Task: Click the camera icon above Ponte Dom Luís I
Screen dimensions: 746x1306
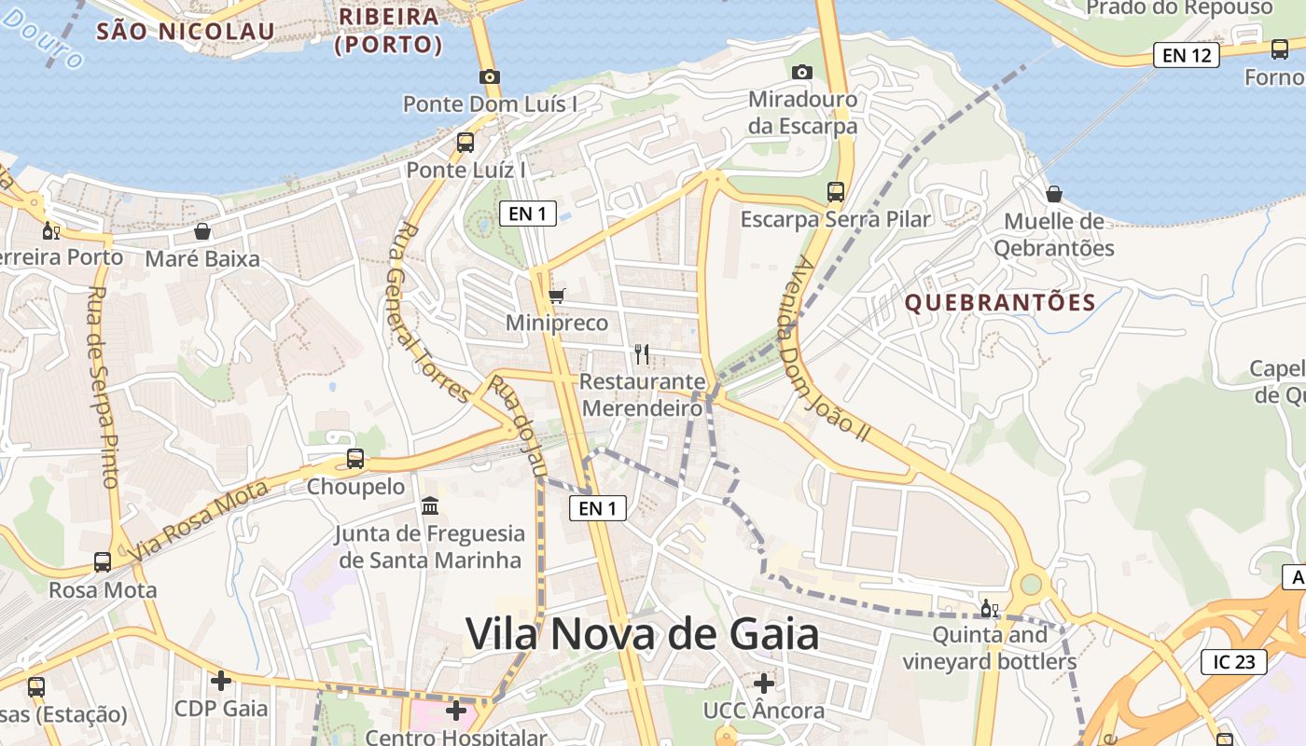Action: point(489,76)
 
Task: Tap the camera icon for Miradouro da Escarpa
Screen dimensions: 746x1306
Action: point(801,72)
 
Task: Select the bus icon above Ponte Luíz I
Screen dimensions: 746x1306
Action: point(465,143)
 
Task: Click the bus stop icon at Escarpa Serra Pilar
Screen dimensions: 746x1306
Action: point(836,192)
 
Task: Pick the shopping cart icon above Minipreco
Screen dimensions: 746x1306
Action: point(557,296)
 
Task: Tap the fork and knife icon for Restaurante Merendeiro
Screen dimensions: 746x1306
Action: point(641,353)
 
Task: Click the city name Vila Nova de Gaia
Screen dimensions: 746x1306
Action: point(643,634)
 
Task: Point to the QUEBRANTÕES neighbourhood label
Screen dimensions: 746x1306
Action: point(1000,302)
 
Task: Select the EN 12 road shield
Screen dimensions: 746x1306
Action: point(1187,55)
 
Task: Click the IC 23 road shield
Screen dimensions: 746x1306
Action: point(1234,662)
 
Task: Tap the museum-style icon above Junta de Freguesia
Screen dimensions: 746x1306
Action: point(430,506)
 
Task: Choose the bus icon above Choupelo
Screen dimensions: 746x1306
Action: point(355,459)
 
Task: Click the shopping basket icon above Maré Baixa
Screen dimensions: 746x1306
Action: point(202,231)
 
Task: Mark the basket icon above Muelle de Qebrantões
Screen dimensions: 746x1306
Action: point(1053,194)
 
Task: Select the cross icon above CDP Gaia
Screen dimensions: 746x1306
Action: point(221,681)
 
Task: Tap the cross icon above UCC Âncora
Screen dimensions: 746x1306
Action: point(764,684)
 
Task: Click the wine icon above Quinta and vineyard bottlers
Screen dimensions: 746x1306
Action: point(989,609)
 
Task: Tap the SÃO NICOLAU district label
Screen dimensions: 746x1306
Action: point(186,32)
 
